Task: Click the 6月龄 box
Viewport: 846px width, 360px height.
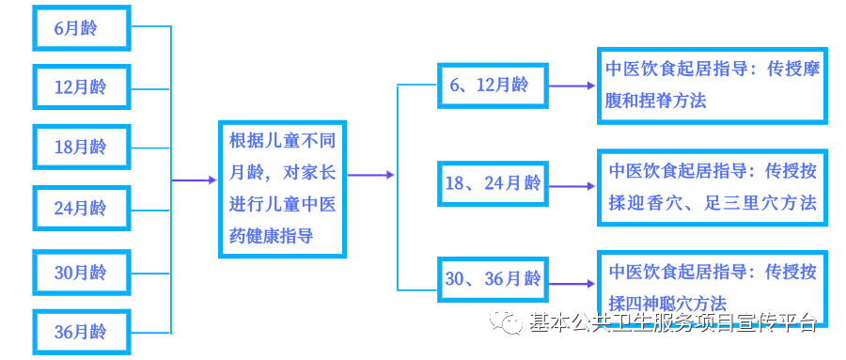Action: tap(81, 28)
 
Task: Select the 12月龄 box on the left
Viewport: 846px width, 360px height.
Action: tap(81, 87)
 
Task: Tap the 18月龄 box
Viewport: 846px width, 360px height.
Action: tap(81, 148)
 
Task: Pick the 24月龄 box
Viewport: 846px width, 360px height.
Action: tap(81, 208)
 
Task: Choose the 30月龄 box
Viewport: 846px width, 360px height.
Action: tap(81, 273)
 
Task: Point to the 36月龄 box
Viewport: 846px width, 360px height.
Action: tap(81, 332)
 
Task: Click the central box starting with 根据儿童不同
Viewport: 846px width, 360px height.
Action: tap(282, 189)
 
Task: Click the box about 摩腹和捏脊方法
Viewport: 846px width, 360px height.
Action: tap(712, 86)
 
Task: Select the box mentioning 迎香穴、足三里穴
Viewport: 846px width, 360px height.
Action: tap(712, 187)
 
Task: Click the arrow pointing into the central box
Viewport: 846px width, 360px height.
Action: tap(195, 180)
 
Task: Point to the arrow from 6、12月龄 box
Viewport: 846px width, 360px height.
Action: tap(571, 86)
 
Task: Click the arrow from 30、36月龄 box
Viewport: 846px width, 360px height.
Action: tap(571, 279)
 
